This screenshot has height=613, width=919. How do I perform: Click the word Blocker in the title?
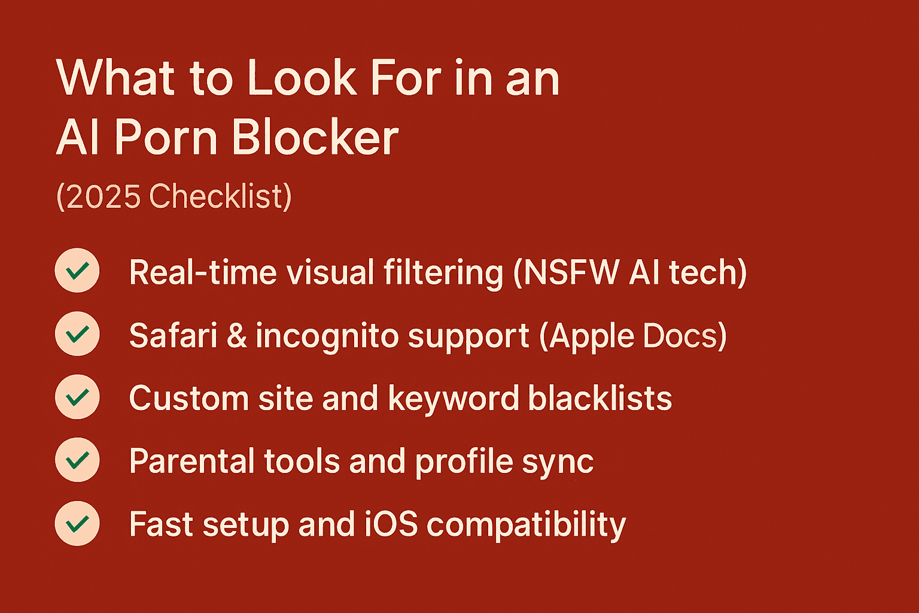coord(315,138)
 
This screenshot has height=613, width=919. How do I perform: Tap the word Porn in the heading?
coord(166,138)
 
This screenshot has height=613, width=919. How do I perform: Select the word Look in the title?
coord(302,78)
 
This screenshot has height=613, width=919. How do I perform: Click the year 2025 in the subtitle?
coord(104,196)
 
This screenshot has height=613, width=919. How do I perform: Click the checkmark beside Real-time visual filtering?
coord(77,271)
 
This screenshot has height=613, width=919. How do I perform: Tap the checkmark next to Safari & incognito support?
coord(77,334)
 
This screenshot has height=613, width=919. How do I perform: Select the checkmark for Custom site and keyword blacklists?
coord(77,397)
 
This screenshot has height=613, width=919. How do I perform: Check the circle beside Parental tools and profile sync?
coord(77,460)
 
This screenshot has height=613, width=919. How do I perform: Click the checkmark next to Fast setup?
coord(77,524)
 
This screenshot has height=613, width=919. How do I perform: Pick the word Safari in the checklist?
coord(173,335)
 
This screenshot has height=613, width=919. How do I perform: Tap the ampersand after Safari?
coord(237,336)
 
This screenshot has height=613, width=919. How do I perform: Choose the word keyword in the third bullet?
coord(454,399)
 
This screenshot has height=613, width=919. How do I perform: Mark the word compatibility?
coord(527,526)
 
